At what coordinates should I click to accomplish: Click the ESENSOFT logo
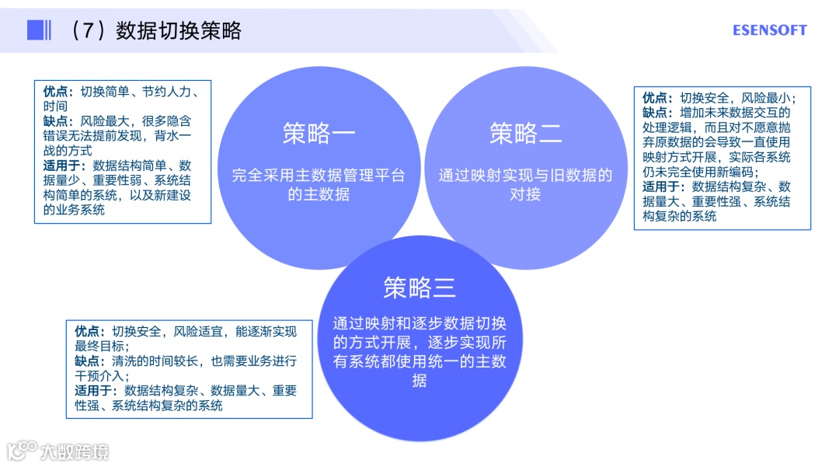[x=769, y=30]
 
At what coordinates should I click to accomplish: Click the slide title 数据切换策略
[x=179, y=30]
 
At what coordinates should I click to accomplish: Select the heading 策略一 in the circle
[x=319, y=134]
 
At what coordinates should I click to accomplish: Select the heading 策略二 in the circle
[x=526, y=134]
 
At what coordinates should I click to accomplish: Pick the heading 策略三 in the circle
[x=419, y=288]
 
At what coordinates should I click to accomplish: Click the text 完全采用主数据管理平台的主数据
[x=319, y=185]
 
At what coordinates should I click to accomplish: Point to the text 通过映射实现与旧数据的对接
[x=526, y=185]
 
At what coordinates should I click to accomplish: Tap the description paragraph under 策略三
[x=419, y=352]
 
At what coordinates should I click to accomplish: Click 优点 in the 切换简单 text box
[x=57, y=91]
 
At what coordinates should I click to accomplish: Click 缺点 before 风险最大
[x=57, y=121]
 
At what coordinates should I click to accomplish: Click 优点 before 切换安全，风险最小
[x=657, y=98]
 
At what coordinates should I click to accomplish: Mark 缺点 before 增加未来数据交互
[x=657, y=113]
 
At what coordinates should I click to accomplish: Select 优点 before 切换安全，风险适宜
[x=89, y=332]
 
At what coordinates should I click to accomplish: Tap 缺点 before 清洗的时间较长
[x=89, y=361]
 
